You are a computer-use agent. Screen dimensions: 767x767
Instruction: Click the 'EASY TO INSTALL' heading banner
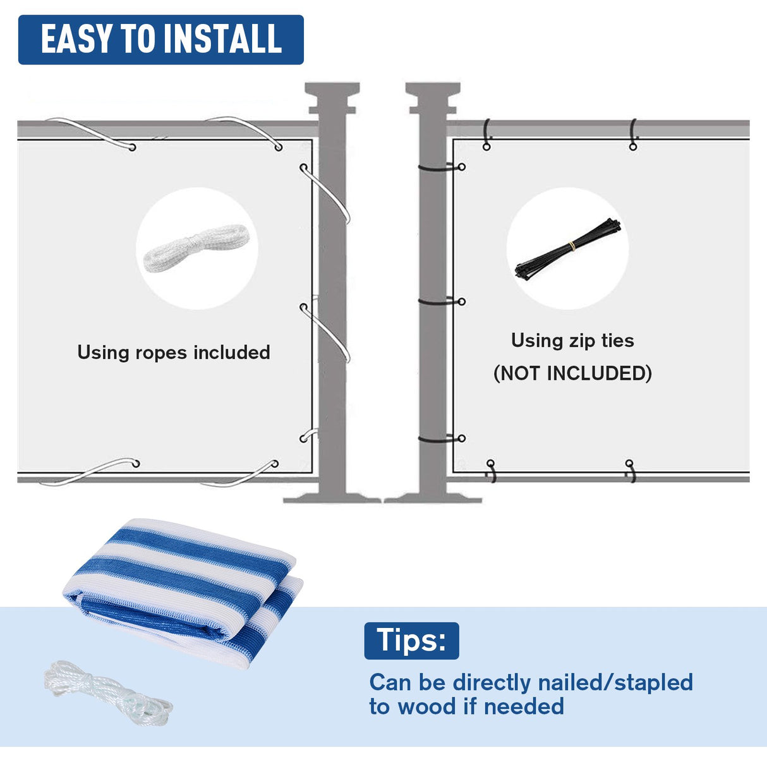point(160,40)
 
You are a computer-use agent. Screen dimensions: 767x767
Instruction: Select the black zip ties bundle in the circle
point(567,249)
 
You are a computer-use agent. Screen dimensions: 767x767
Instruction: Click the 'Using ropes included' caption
point(173,353)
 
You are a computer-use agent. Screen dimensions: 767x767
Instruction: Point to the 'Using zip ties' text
point(572,341)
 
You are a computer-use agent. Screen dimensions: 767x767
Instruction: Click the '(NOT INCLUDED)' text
point(572,373)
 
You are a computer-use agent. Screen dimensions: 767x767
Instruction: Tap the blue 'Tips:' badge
point(411,641)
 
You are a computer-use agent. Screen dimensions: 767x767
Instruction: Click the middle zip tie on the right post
point(440,301)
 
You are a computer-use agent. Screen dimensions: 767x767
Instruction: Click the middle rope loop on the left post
point(325,332)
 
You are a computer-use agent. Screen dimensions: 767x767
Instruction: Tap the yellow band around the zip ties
point(571,246)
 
